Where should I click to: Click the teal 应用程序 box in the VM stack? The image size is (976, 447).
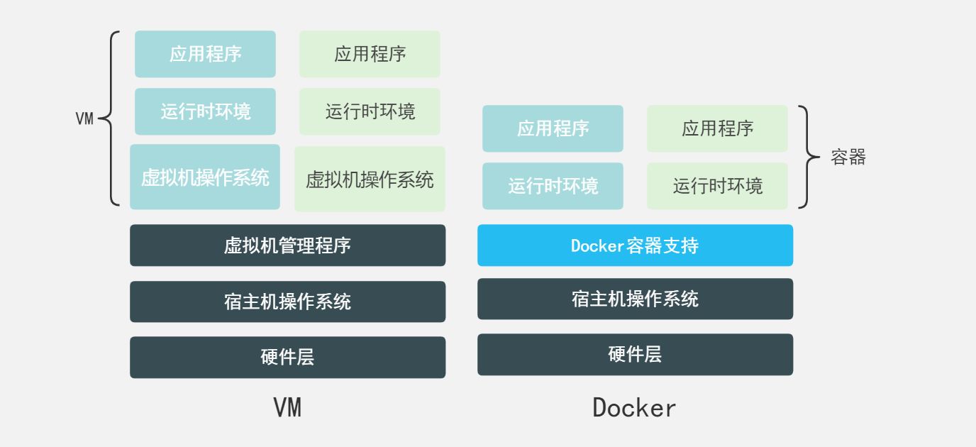point(205,54)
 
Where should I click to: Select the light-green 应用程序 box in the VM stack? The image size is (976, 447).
point(370,54)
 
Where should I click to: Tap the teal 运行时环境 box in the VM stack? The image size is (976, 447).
point(205,111)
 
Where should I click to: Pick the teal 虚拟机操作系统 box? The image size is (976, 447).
point(205,177)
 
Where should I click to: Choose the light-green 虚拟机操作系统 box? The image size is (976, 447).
point(370,179)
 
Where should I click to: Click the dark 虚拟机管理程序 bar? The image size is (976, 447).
point(287,245)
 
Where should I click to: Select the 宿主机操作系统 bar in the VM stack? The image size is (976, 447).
point(287,302)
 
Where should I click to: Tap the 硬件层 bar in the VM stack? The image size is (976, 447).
point(287,357)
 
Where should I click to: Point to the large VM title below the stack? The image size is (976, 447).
point(287,408)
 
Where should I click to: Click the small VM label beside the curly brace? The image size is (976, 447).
point(84,119)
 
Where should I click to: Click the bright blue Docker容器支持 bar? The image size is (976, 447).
point(635,245)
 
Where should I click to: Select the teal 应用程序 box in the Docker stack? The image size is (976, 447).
point(553,128)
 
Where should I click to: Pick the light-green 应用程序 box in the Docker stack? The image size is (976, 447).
point(717,128)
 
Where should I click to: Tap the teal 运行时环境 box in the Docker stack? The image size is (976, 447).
point(553,186)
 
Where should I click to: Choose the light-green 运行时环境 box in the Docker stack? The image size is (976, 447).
point(717,186)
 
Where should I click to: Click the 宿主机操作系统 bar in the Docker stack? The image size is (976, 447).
point(635,299)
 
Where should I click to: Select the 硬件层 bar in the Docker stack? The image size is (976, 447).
point(635,354)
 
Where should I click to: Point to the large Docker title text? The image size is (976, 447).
point(634,408)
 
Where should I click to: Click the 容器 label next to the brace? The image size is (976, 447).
point(848,158)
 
